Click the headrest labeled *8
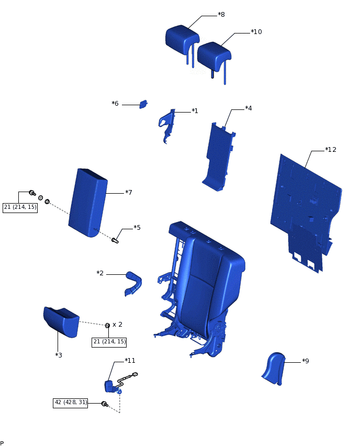click(181, 38)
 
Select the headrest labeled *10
click(213, 54)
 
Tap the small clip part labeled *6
click(143, 104)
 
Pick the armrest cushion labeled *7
click(87, 203)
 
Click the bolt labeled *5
click(115, 240)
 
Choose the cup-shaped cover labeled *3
click(61, 320)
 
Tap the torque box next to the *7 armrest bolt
click(20, 207)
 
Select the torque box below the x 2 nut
click(109, 342)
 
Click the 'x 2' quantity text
click(117, 325)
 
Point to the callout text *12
click(330, 150)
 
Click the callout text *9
click(305, 361)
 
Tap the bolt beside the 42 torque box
click(104, 404)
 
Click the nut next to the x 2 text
click(107, 326)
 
